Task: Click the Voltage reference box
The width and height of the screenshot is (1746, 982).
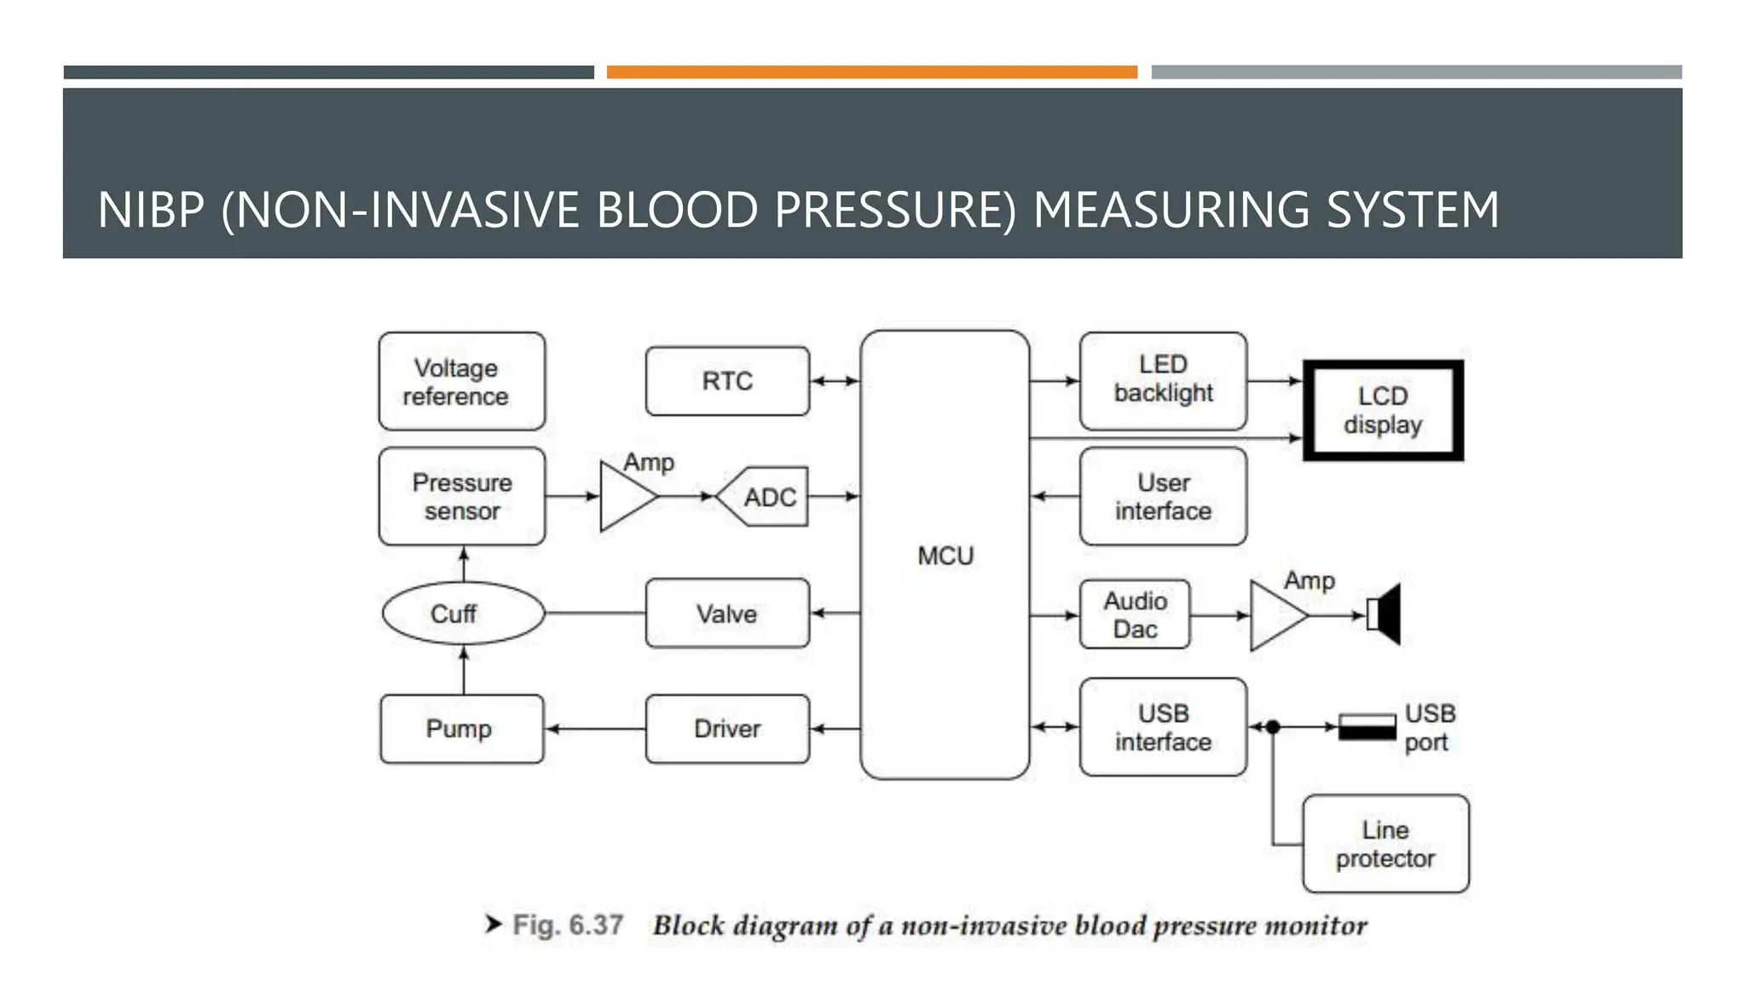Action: (461, 381)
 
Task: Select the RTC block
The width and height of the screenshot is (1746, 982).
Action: (727, 381)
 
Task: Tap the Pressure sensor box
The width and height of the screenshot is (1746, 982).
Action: (461, 496)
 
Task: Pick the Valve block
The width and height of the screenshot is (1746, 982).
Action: (727, 613)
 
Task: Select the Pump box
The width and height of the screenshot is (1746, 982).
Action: (461, 729)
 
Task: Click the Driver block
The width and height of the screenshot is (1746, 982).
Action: (727, 729)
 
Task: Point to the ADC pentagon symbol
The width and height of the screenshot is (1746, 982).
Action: (764, 496)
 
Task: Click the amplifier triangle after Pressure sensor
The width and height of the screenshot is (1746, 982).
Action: (624, 496)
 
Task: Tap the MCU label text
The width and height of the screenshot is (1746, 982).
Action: (945, 556)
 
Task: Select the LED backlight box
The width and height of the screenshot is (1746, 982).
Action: (1163, 380)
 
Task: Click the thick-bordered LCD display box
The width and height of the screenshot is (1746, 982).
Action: (1383, 410)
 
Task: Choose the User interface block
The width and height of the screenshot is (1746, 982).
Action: (1163, 496)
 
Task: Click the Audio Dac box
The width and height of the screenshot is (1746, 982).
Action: (1135, 615)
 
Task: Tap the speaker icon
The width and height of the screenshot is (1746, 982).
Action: (1385, 614)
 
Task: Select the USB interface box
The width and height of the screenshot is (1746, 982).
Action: (1163, 727)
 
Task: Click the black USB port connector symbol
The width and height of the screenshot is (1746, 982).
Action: (1367, 727)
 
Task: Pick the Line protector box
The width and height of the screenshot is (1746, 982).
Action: (1385, 844)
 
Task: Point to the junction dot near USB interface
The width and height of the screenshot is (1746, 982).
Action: (1273, 727)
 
